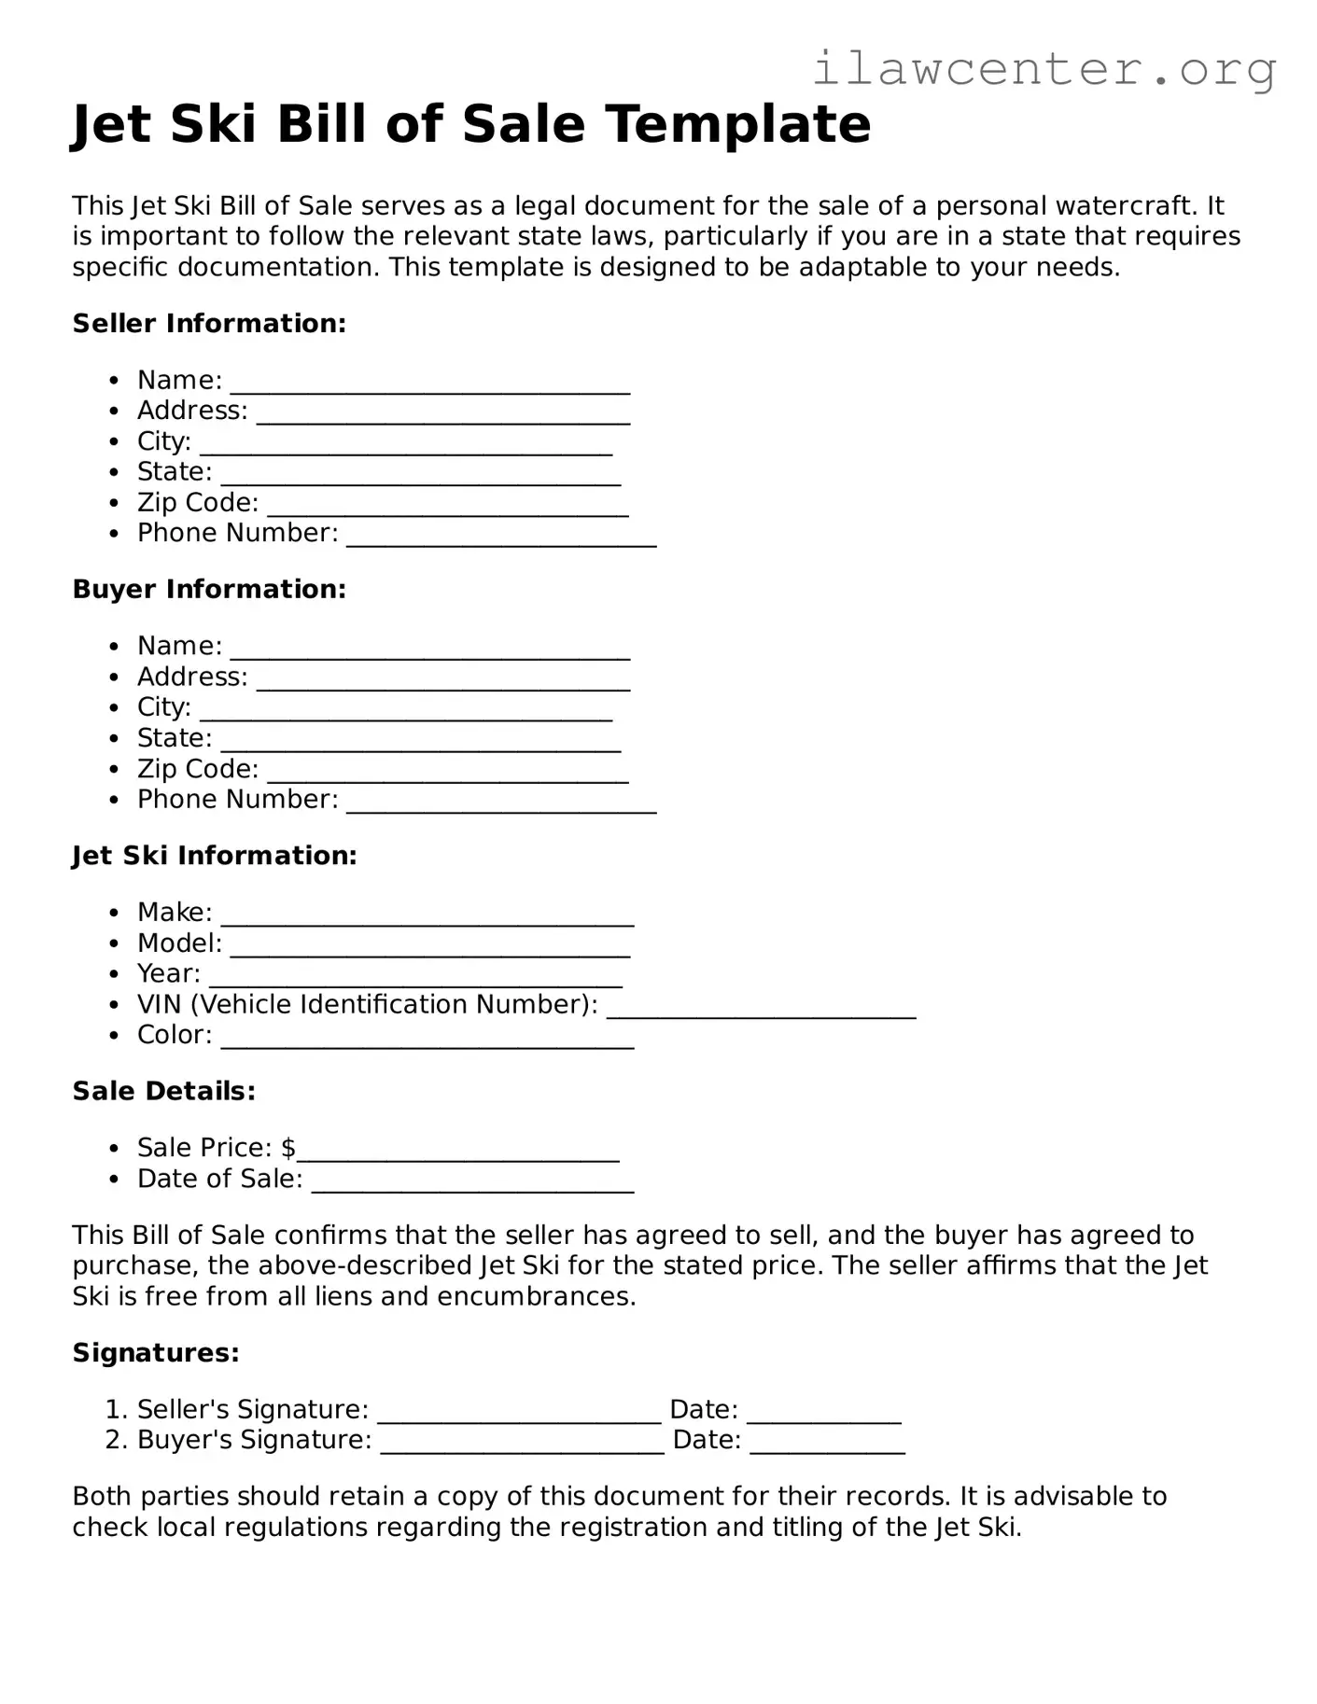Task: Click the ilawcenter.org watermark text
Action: pos(1044,69)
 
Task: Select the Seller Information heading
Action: pos(209,324)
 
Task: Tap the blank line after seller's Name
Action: pos(429,383)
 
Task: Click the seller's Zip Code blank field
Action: pos(447,505)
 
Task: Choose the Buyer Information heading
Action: pos(209,590)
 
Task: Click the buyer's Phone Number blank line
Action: pos(501,802)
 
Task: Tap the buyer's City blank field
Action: pos(406,709)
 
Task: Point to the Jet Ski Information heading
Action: pos(215,856)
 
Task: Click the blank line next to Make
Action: pos(427,915)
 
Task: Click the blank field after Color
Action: pos(427,1037)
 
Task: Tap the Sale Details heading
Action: pos(164,1091)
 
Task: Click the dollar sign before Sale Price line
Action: pos(288,1148)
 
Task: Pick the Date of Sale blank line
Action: pos(472,1180)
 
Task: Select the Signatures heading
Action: pos(156,1353)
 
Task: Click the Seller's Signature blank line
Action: pos(519,1411)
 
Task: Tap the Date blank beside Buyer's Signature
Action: pos(827,1442)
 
